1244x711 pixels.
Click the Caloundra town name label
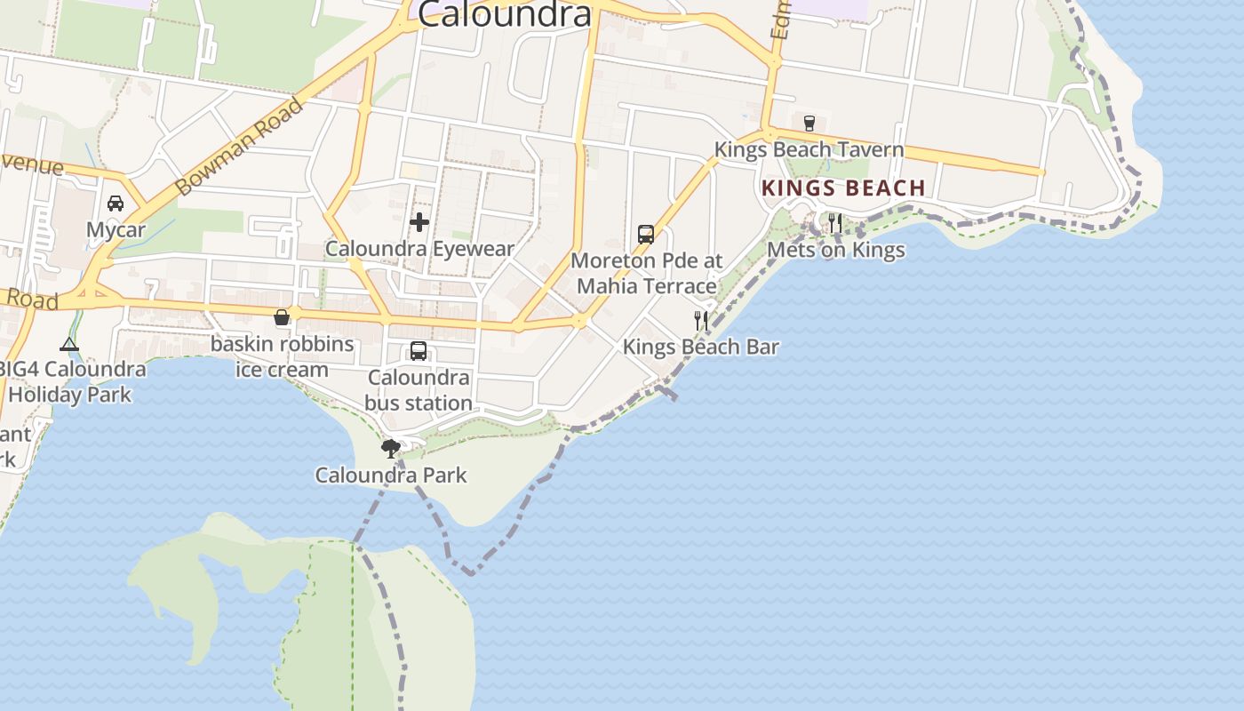504,14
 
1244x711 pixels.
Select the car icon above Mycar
116,204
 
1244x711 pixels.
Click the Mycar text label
116,230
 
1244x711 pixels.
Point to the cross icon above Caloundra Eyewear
419,222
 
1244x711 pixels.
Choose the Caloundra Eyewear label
419,249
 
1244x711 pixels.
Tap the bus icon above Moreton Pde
646,235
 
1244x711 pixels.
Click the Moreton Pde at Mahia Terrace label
646,274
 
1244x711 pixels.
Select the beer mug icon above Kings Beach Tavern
809,123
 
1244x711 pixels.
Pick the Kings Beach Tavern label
809,149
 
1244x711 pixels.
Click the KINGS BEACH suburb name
843,188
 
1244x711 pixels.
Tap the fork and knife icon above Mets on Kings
835,223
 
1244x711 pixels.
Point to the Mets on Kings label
835,250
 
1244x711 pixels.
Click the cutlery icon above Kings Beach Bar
701,320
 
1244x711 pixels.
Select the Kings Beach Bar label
701,347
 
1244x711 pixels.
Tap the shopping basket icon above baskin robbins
282,317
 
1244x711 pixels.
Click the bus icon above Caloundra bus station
419,351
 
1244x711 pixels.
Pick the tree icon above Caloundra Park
390,448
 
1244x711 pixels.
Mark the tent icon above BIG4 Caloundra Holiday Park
69,344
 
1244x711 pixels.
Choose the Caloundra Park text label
391,475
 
